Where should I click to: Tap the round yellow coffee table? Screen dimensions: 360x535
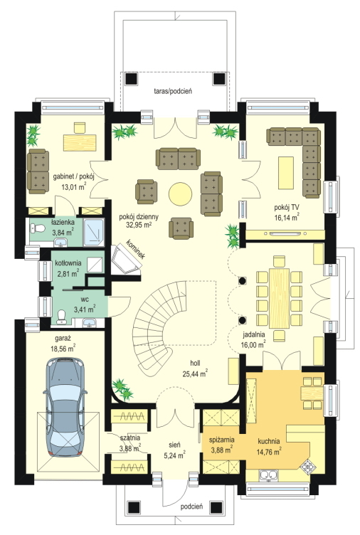pos(180,194)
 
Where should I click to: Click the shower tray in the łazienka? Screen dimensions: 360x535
pos(94,232)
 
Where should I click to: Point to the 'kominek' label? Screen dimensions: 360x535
pos(136,250)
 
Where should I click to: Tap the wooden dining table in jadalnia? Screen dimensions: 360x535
pos(279,293)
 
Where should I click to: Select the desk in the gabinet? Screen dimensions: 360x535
pos(80,142)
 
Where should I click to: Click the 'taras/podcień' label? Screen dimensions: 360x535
pos(173,91)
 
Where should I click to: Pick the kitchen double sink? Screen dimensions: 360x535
pos(268,475)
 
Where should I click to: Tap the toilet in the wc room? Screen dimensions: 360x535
pos(62,316)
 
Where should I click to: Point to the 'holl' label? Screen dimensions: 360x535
pos(195,363)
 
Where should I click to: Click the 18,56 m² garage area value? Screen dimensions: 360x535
pos(63,349)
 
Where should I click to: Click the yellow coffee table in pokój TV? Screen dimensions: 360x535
pos(286,173)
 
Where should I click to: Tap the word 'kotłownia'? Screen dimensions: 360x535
pos(68,263)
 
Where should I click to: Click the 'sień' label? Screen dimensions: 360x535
pos(174,445)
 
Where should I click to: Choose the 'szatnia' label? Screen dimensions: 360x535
pos(130,438)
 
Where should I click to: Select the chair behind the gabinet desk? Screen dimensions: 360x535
pos(80,127)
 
